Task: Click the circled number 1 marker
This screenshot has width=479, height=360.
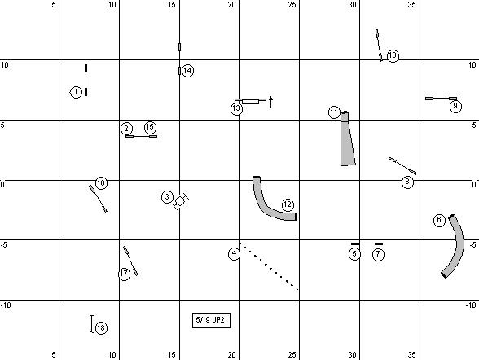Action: pyautogui.click(x=76, y=92)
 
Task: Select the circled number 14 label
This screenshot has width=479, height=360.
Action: pyautogui.click(x=187, y=71)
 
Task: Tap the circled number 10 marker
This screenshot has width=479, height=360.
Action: pyautogui.click(x=393, y=55)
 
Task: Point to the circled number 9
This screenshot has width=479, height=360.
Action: pyautogui.click(x=455, y=106)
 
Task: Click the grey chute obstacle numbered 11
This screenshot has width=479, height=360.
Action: pyautogui.click(x=347, y=140)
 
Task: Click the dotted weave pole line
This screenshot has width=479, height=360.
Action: pyautogui.click(x=269, y=266)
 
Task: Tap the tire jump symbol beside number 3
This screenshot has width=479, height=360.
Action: pyautogui.click(x=181, y=201)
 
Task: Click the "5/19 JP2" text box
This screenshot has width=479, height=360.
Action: pyautogui.click(x=211, y=320)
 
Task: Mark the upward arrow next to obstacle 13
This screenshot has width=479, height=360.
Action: pyautogui.click(x=270, y=102)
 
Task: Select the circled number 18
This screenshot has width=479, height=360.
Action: pyautogui.click(x=101, y=328)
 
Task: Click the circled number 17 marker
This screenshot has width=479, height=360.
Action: pyautogui.click(x=124, y=274)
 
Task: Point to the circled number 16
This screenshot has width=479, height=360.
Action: pyautogui.click(x=101, y=183)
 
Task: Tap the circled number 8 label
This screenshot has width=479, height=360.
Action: pyautogui.click(x=407, y=182)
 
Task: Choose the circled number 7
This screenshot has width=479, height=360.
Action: pyautogui.click(x=378, y=254)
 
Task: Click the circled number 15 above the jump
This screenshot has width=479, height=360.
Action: pyautogui.click(x=150, y=127)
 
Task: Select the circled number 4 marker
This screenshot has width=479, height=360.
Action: pyautogui.click(x=234, y=253)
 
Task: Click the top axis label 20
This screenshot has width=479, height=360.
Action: pyautogui.click(x=231, y=5)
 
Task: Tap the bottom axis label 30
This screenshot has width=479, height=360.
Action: pyautogui.click(x=352, y=355)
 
